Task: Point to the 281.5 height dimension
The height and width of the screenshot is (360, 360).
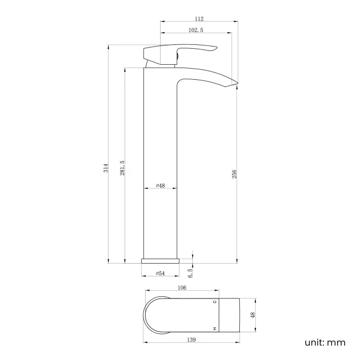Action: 122,167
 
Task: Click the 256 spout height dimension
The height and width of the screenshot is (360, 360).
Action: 235,174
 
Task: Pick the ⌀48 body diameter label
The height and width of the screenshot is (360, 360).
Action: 160,186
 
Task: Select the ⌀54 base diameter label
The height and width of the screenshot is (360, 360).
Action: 161,273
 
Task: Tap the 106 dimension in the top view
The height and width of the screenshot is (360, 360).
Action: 182,287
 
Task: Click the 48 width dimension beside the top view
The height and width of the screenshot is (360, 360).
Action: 253,315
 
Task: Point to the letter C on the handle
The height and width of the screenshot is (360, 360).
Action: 215,302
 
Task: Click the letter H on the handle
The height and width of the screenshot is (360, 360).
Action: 215,328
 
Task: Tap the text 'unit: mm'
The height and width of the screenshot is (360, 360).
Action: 325,342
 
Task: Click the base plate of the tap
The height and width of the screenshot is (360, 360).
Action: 161,261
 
